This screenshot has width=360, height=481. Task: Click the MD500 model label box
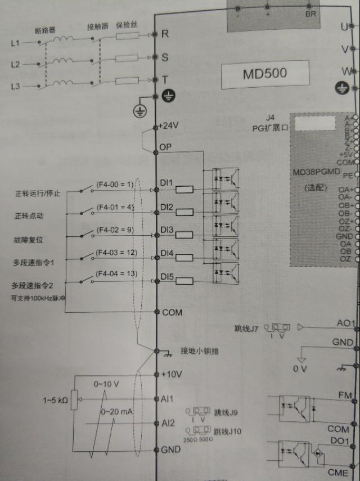(x=264, y=74)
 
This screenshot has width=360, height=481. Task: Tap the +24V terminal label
(x=169, y=126)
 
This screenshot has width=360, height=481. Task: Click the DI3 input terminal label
(x=167, y=230)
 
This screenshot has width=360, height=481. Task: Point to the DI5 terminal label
(x=167, y=277)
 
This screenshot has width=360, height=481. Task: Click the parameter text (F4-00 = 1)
(x=115, y=184)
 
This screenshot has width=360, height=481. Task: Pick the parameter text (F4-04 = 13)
(x=116, y=274)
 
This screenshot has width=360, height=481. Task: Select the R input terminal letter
(x=165, y=34)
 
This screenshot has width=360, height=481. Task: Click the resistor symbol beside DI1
(x=184, y=189)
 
